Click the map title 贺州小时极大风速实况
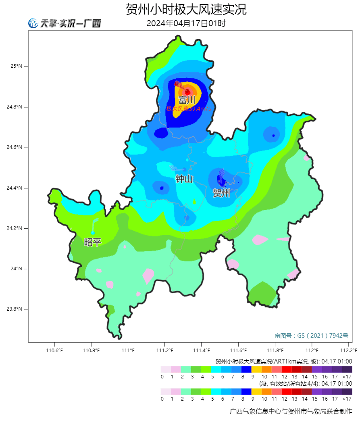click(x=186, y=9)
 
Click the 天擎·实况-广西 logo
click(x=65, y=23)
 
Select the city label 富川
click(x=187, y=100)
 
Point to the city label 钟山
click(x=184, y=179)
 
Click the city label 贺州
click(x=221, y=193)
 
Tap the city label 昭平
click(x=92, y=242)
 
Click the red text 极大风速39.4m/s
click(x=188, y=109)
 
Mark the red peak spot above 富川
click(x=187, y=92)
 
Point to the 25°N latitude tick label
click(x=16, y=66)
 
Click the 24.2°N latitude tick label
click(x=14, y=228)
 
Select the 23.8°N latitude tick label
click(x=14, y=309)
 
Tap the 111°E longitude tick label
click(x=128, y=350)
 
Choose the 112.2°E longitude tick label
click(x=348, y=350)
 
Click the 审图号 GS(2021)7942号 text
click(x=311, y=335)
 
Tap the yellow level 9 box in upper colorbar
click(x=256, y=369)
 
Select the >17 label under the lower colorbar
click(x=347, y=399)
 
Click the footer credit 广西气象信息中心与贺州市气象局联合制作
click(x=290, y=412)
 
